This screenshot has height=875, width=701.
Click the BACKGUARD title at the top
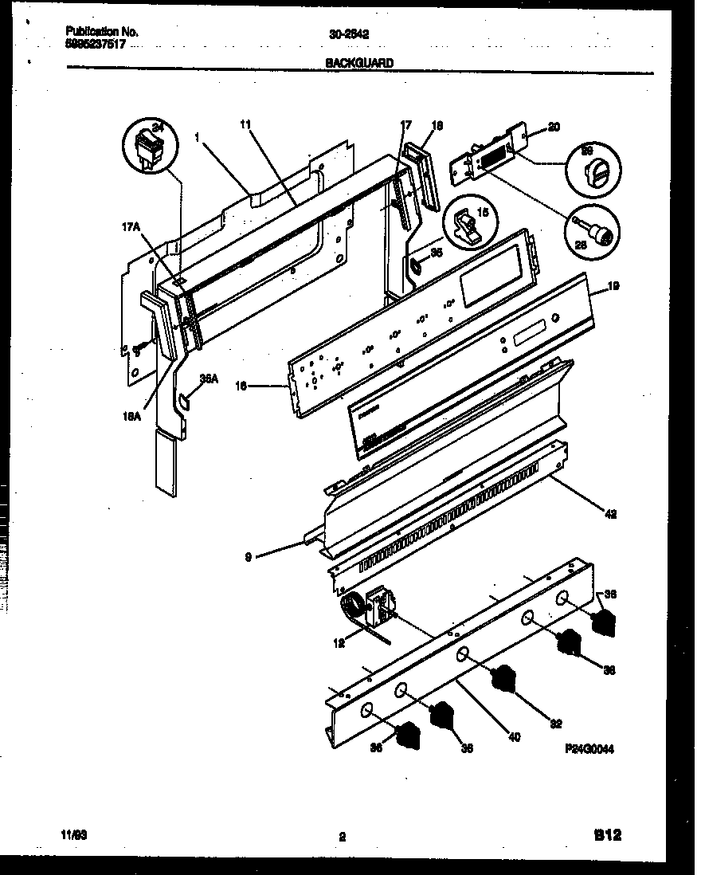[359, 63]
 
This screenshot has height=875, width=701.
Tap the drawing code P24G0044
[589, 749]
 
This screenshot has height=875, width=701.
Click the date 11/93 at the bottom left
[74, 835]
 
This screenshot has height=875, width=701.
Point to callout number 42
[609, 515]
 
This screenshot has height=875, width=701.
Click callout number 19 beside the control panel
[614, 284]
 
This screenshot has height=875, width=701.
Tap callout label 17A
[132, 227]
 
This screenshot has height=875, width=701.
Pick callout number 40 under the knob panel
[514, 737]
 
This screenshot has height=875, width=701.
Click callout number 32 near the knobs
[555, 724]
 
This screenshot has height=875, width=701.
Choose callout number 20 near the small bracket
[554, 127]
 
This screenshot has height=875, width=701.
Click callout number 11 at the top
[245, 124]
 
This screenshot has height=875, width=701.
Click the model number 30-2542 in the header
[348, 34]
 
